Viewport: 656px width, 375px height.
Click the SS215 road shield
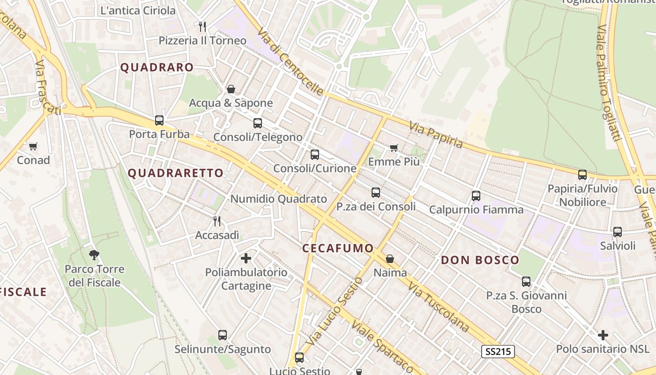click(498, 351)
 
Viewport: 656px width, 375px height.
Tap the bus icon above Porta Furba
click(159, 120)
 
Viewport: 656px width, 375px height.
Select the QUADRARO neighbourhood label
click(157, 67)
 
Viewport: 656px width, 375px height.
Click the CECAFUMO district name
click(338, 248)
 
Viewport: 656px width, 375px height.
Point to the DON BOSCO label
click(480, 260)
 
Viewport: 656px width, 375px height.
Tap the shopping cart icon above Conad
click(33, 147)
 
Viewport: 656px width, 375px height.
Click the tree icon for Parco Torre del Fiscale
click(94, 255)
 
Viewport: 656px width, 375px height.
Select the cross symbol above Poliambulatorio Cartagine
click(246, 258)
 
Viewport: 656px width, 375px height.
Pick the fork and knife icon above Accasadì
click(217, 221)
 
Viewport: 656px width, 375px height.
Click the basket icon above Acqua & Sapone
click(231, 89)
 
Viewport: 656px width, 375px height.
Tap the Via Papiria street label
click(436, 135)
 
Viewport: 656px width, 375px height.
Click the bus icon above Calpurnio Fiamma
click(476, 196)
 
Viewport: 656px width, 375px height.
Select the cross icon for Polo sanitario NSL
click(603, 335)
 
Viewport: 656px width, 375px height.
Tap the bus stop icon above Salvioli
click(618, 232)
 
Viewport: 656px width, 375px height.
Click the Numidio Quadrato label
click(278, 199)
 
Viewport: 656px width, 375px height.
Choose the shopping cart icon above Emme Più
click(394, 148)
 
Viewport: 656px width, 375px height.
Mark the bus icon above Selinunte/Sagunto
click(223, 335)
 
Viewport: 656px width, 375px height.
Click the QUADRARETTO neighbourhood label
click(176, 173)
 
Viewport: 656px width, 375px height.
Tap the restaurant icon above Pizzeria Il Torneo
click(202, 26)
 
